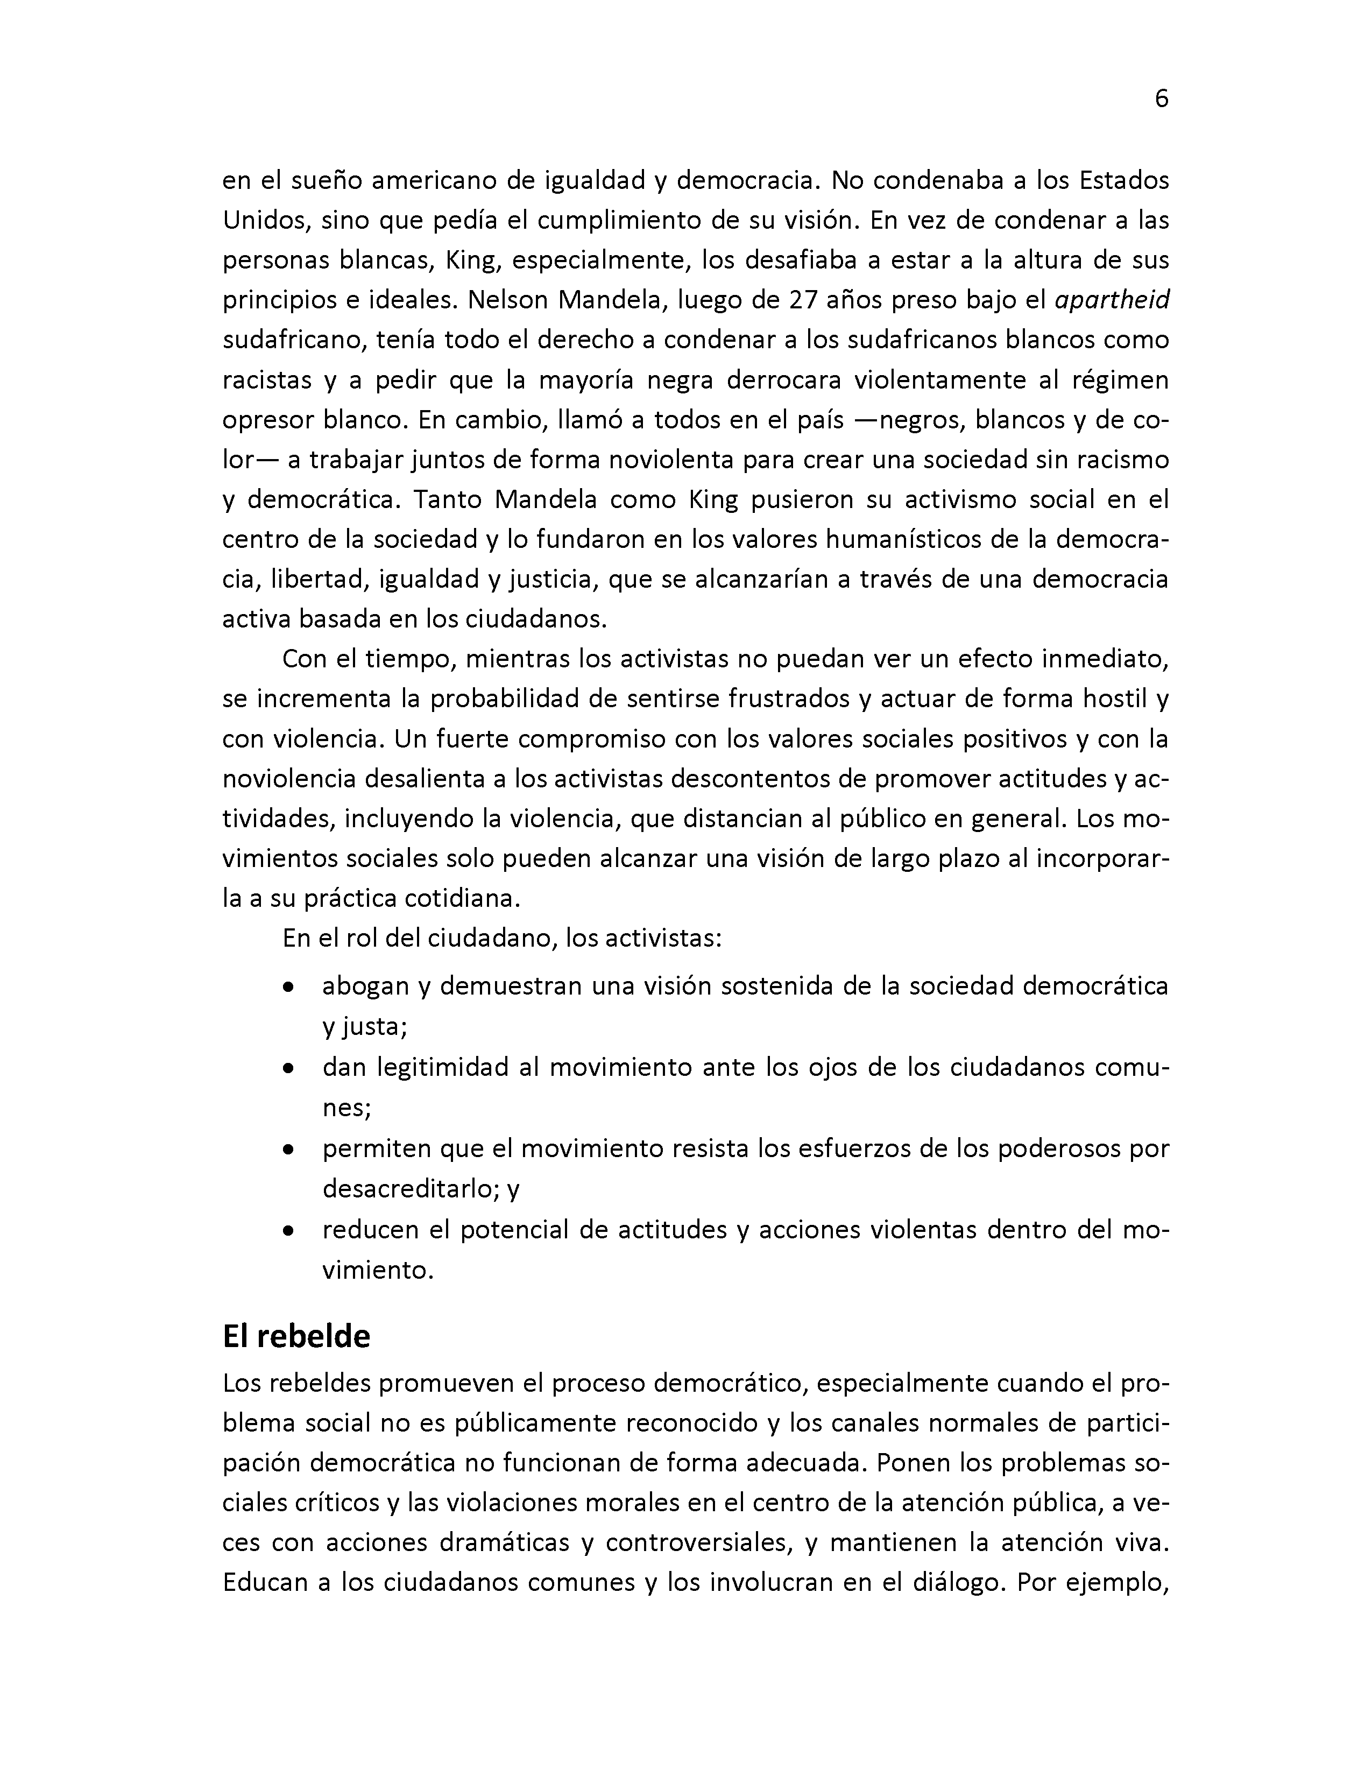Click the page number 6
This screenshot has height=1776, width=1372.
click(x=1161, y=99)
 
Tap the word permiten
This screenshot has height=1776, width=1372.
click(x=374, y=1149)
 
